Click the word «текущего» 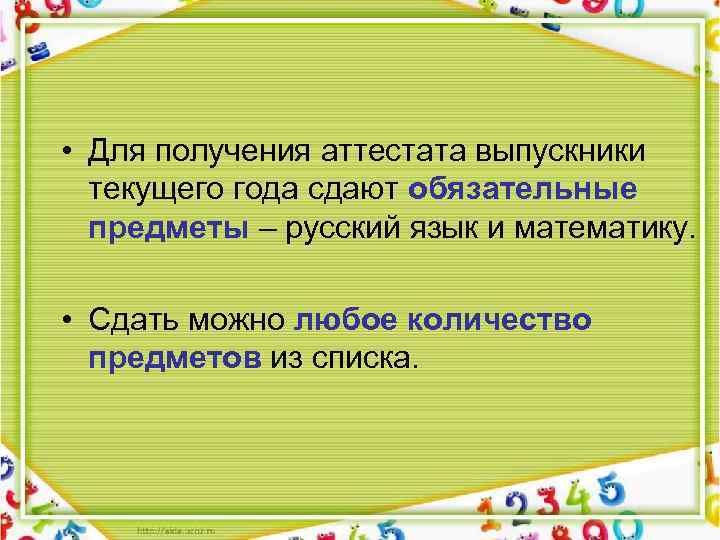point(149,190)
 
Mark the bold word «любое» point(347,319)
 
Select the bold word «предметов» point(175,358)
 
